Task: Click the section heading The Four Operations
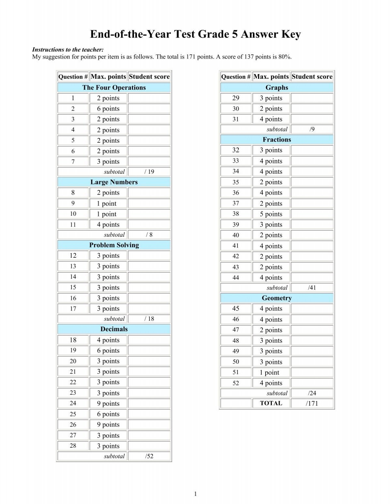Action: [x=114, y=88]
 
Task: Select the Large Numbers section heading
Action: [x=114, y=182]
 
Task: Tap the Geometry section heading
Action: [x=277, y=298]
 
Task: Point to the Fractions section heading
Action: [x=277, y=140]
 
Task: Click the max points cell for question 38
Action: [x=271, y=214]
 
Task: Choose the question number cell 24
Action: [x=73, y=403]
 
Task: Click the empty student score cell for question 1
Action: [x=149, y=98]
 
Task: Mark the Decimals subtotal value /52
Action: [x=149, y=456]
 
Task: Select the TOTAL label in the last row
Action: [x=271, y=403]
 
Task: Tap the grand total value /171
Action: [x=312, y=403]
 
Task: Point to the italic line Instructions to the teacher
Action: [x=68, y=50]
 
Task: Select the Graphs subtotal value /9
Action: [x=312, y=129]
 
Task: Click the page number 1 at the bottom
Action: [x=195, y=494]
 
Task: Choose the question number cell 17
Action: [x=73, y=308]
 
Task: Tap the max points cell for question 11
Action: [x=108, y=225]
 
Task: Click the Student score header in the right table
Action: [x=312, y=77]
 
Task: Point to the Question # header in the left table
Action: [x=73, y=77]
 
